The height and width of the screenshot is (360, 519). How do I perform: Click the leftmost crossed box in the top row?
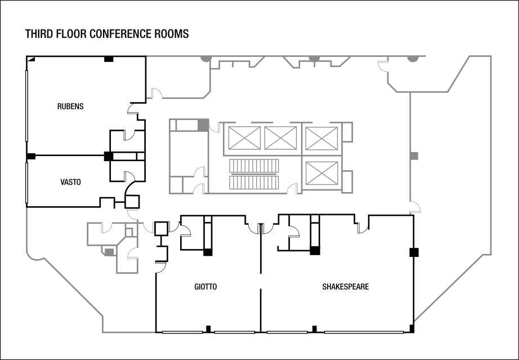pyautogui.click(x=244, y=138)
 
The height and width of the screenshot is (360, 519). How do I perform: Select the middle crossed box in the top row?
pyautogui.click(x=280, y=138)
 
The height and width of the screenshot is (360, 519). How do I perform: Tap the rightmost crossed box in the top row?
pyautogui.click(x=322, y=139)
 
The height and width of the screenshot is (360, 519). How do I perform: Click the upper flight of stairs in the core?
pyautogui.click(x=254, y=166)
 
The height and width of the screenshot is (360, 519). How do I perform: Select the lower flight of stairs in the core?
pyautogui.click(x=254, y=183)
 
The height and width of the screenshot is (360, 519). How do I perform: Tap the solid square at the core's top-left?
pyautogui.click(x=203, y=125)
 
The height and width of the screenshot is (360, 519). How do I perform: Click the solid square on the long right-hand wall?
pyautogui.click(x=414, y=155)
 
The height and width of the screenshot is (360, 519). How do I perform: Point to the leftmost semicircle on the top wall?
pyautogui.click(x=207, y=59)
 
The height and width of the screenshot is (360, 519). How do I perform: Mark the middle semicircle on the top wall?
pyautogui.click(x=314, y=59)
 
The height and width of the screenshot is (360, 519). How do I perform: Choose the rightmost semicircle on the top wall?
pyautogui.click(x=413, y=59)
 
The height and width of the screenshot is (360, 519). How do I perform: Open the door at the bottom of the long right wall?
pyautogui.click(x=415, y=207)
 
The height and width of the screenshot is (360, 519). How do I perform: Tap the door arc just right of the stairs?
pyautogui.click(x=292, y=189)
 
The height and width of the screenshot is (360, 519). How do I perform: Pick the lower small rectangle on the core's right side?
pyautogui.click(x=347, y=181)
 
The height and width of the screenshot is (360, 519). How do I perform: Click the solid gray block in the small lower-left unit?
pyautogui.click(x=108, y=251)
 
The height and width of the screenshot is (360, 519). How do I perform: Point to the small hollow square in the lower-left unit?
pyautogui.click(x=129, y=232)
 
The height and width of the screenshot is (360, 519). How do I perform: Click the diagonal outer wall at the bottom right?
pyautogui.click(x=449, y=288)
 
